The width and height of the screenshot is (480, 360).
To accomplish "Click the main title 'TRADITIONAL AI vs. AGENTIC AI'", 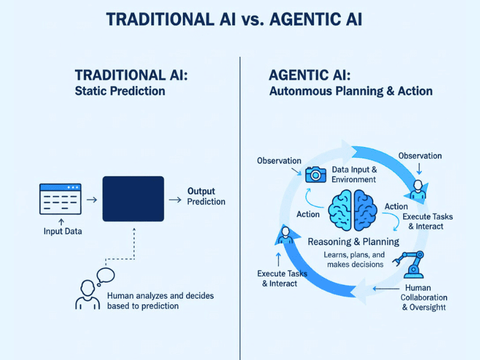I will pyautogui.click(x=234, y=19).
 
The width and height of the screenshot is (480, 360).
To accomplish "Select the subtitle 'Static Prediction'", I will pyautogui.click(x=120, y=92).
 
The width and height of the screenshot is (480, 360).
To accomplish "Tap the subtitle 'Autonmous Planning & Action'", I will pyautogui.click(x=350, y=92).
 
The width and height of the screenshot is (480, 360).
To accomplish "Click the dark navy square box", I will pyautogui.click(x=133, y=199).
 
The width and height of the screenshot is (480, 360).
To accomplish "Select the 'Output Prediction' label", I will pyautogui.click(x=206, y=196).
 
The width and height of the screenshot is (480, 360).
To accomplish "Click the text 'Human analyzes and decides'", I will pyautogui.click(x=160, y=296).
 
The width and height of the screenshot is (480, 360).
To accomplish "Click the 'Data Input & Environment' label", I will pyautogui.click(x=353, y=174).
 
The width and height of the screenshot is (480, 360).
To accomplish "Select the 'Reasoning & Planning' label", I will pyautogui.click(x=353, y=242).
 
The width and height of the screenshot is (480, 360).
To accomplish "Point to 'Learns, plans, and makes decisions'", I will pyautogui.click(x=353, y=260).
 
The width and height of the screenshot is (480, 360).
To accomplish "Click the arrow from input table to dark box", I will pyautogui.click(x=92, y=199).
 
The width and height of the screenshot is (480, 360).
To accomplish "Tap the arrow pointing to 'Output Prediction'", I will pyautogui.click(x=175, y=199).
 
